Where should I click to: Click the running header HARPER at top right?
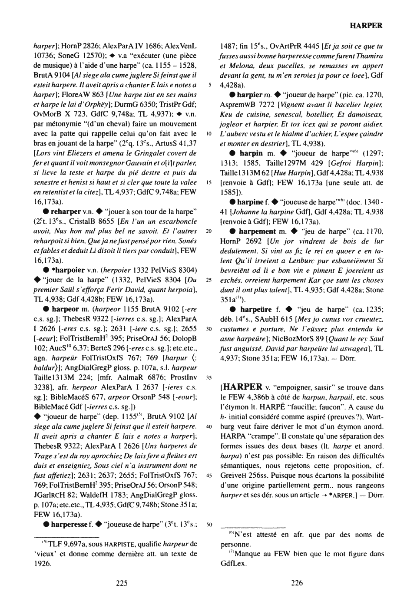click(366, 26)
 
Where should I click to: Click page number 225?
click(122, 583)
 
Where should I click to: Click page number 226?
click(297, 583)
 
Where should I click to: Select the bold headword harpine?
click(251, 202)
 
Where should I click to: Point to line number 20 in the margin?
click(209, 231)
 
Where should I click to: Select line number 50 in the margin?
click(209, 525)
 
